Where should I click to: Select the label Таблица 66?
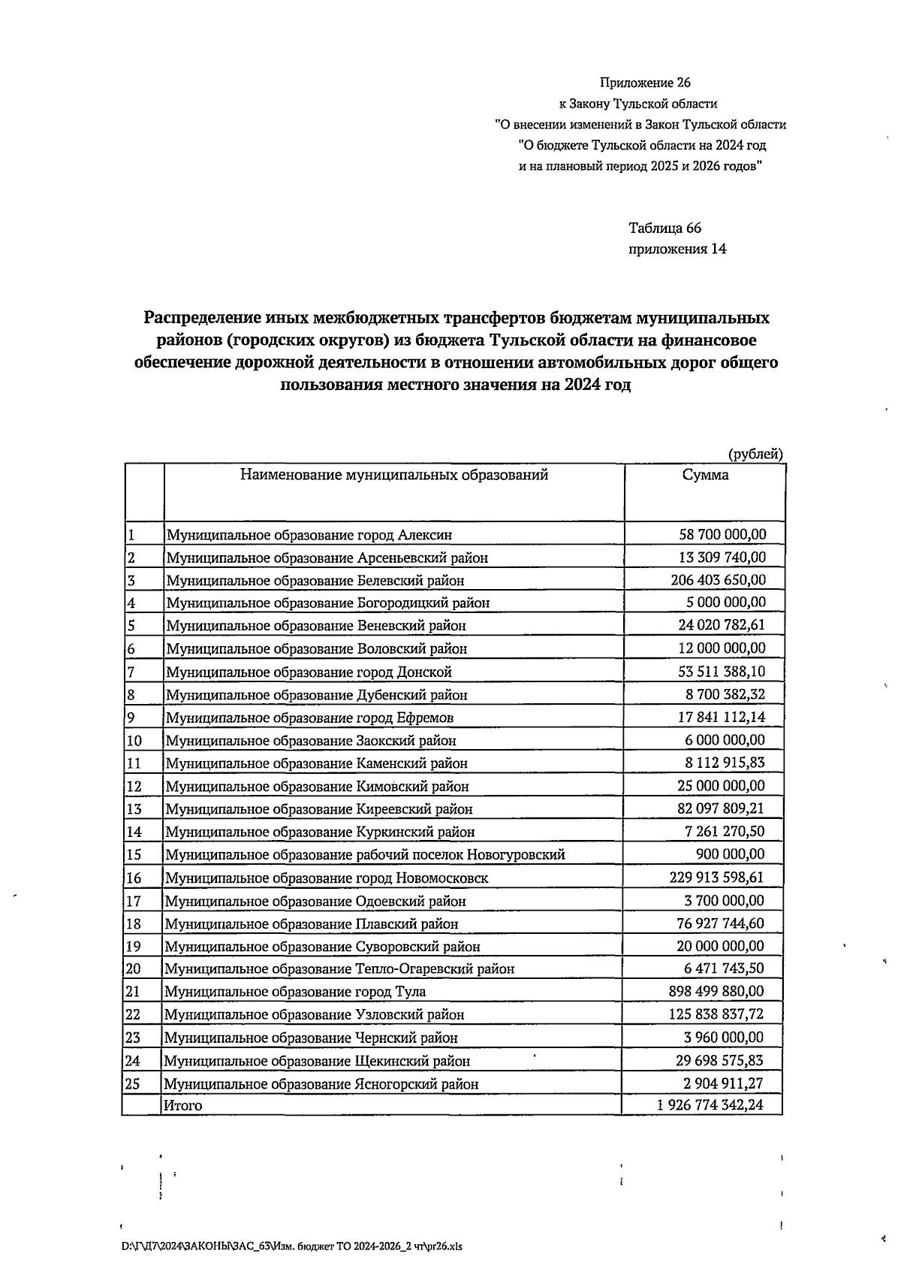point(664,228)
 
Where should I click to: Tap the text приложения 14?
point(677,249)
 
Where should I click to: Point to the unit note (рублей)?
point(756,454)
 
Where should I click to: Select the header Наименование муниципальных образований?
point(393,475)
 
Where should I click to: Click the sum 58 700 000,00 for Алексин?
point(722,534)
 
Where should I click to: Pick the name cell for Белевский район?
point(315,581)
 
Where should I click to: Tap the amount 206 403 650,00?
point(718,580)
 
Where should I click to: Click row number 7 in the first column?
point(131,672)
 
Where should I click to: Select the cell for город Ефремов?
point(309,718)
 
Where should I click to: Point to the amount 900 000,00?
point(731,854)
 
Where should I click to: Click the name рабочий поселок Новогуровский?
point(365,854)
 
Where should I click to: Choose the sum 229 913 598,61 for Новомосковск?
point(717,877)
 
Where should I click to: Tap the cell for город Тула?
point(295,992)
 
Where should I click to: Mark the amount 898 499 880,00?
point(716,991)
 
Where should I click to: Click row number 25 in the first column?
point(133,1083)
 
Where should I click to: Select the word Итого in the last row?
point(183,1105)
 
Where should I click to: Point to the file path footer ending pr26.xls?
point(292,1246)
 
